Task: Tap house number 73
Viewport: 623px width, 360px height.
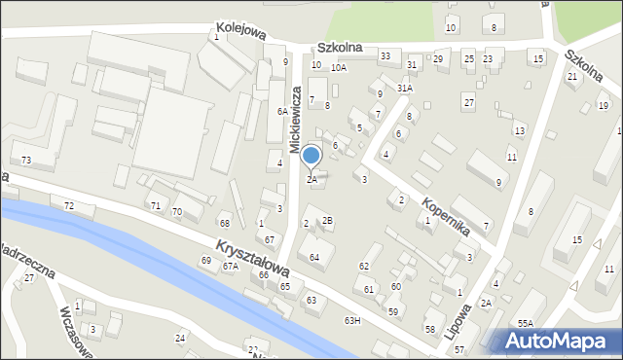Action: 26,160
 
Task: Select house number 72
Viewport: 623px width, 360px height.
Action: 68,205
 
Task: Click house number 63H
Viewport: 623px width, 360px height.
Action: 352,320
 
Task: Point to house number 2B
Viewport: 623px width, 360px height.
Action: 328,220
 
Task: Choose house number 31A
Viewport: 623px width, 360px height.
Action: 405,88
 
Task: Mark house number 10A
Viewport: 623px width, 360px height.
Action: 338,67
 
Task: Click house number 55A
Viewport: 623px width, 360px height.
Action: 526,322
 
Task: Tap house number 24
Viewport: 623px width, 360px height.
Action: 180,338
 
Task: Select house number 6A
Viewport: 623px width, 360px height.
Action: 281,111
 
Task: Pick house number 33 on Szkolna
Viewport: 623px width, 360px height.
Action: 385,55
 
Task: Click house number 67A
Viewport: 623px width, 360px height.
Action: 230,265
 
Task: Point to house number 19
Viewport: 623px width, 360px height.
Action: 604,105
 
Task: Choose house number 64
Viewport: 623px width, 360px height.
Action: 314,257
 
